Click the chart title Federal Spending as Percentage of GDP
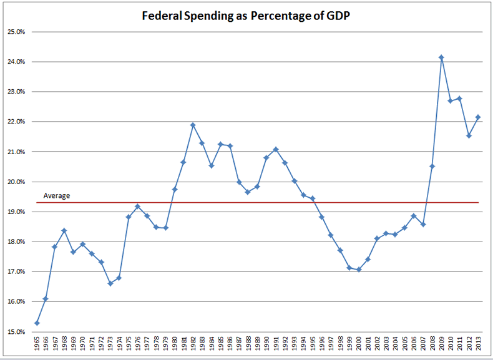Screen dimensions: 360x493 tap(246, 16)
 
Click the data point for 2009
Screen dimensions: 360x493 tap(441, 57)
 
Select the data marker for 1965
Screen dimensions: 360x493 tap(37, 323)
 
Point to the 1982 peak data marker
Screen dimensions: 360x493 tap(193, 125)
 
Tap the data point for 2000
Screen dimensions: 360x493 tap(358, 270)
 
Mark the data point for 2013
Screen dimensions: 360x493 tap(478, 117)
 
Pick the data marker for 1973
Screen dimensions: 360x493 tap(110, 283)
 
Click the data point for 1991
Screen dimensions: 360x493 tap(276, 149)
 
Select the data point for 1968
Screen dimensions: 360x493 tap(64, 230)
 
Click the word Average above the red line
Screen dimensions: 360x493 tap(57, 196)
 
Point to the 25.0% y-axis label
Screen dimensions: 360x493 tap(16, 32)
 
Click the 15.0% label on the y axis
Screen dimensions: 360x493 tap(16, 331)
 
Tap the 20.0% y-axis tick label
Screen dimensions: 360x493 tap(16, 182)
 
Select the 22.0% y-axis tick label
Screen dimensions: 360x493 tap(16, 122)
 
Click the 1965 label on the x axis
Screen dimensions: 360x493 tap(37, 345)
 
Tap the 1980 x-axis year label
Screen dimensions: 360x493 tap(175, 345)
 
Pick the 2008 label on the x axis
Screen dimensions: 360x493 tap(432, 345)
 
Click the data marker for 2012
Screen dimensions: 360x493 tap(469, 135)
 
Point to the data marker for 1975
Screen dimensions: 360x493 tap(129, 217)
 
